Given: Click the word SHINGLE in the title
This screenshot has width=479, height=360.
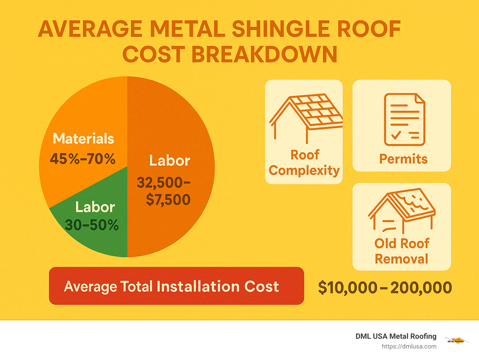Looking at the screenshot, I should (280, 29).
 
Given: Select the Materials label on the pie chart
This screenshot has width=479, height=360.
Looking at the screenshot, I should (83, 139).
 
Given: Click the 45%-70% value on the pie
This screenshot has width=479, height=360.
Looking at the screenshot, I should (83, 159).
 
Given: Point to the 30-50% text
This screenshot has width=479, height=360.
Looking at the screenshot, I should (92, 225).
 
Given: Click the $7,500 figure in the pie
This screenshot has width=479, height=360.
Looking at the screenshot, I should (168, 200).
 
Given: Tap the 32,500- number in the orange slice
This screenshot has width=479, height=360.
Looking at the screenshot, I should (163, 182).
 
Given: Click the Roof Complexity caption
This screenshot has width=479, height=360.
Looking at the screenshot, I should (304, 163).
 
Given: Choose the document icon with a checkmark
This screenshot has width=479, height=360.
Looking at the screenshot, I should (404, 119).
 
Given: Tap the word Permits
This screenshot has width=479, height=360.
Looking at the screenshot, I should (403, 159).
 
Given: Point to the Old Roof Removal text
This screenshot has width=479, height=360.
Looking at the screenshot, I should (402, 251).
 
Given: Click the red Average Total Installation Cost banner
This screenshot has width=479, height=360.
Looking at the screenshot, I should (177, 286).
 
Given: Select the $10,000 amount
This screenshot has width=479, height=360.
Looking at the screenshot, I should (348, 288).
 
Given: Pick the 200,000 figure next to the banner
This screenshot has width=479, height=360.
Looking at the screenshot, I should (421, 288).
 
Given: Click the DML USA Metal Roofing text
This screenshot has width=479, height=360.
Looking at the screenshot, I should (396, 336).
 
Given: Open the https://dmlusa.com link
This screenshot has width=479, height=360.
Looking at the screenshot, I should (409, 346).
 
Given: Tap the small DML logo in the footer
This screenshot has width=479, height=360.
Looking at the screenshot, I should (456, 340).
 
